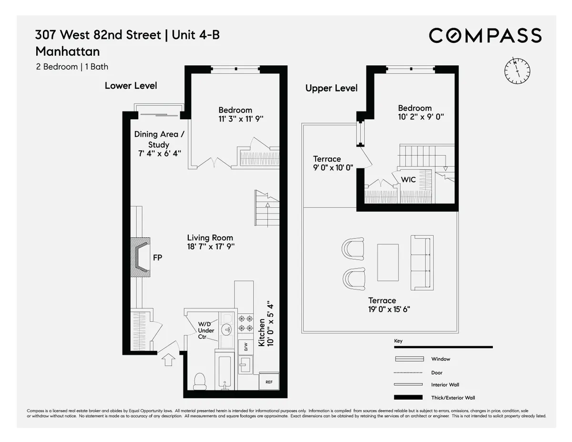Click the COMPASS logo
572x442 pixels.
tap(485, 36)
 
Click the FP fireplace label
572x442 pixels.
tap(157, 258)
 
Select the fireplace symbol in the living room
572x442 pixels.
tap(141, 258)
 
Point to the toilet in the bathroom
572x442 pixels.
tap(200, 380)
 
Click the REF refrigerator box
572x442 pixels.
tap(269, 382)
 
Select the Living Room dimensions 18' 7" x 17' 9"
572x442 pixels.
tap(210, 247)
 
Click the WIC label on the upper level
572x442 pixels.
tap(408, 180)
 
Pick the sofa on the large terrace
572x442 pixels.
tap(422, 262)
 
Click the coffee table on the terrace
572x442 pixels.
tap(388, 262)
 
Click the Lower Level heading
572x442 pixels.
tap(131, 86)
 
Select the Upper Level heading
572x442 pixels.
tap(331, 88)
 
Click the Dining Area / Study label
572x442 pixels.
tap(159, 139)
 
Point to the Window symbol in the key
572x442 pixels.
tap(409, 359)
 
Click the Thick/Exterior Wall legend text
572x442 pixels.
tap(453, 398)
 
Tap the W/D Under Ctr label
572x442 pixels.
tap(206, 330)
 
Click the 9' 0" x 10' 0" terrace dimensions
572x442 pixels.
tap(333, 167)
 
